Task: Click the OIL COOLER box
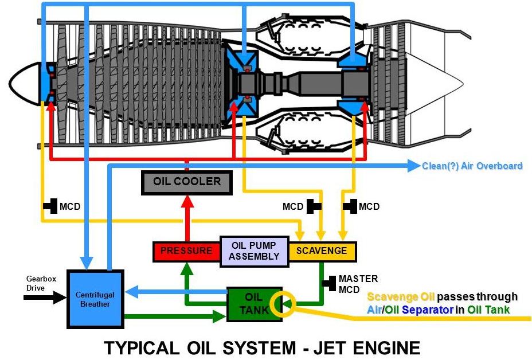pos(187,182)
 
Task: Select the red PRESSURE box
pos(187,252)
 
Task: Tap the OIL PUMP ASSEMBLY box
pos(254,251)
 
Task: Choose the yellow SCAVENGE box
pos(322,252)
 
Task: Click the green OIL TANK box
pos(254,304)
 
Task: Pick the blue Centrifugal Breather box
pos(95,299)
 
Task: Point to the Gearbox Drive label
pos(41,283)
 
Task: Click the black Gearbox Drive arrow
pos(45,298)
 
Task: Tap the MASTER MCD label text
pos(358,284)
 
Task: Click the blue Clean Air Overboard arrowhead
pos(413,166)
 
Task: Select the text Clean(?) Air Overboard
pos(472,166)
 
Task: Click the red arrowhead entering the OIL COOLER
pos(187,201)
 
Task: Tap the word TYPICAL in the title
pos(142,348)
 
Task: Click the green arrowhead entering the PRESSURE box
pos(187,269)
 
